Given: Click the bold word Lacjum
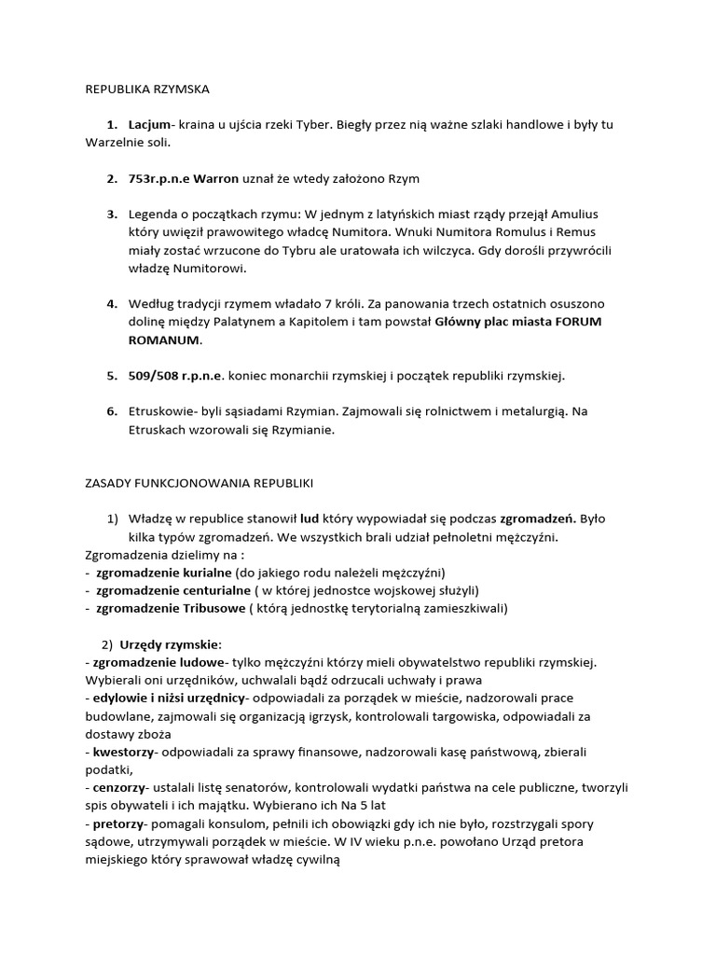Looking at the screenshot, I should point(149,124).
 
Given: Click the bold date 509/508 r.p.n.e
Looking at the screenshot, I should point(176,376).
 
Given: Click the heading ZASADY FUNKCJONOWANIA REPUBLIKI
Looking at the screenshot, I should point(194,483).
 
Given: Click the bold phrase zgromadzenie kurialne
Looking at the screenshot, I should point(163,573).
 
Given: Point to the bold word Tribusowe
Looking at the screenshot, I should point(211,608).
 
